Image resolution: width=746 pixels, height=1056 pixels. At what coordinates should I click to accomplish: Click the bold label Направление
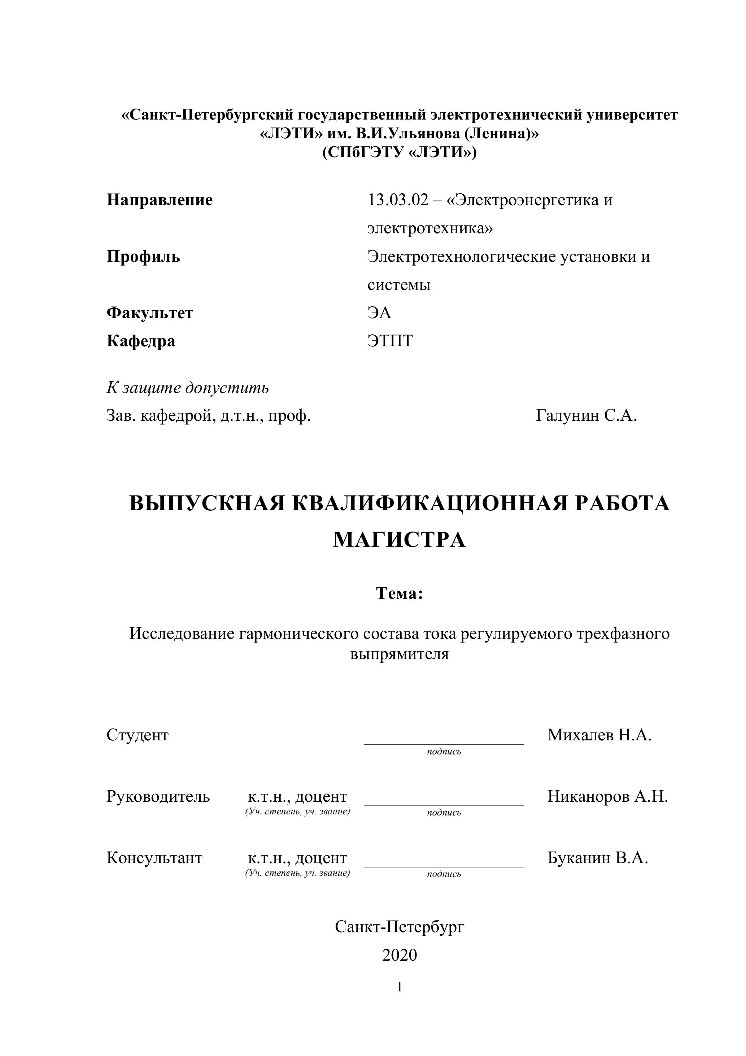point(160,200)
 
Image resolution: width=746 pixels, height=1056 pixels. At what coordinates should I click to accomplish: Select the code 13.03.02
point(398,200)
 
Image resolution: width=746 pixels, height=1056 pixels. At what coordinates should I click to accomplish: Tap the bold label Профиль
point(143,257)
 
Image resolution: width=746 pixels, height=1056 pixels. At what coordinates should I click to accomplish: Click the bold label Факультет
point(150,313)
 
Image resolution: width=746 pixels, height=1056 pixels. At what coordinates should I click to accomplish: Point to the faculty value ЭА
point(379,313)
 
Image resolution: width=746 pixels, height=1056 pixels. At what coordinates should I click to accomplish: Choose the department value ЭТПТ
point(390,341)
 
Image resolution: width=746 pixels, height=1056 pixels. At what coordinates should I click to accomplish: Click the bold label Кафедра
point(141,341)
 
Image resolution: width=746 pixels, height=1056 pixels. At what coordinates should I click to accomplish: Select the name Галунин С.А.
point(586,416)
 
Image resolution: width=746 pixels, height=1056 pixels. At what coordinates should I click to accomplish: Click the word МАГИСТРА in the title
point(399,540)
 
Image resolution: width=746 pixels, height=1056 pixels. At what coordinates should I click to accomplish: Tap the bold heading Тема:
point(399,593)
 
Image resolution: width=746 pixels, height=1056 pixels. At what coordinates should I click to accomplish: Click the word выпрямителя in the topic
point(399,654)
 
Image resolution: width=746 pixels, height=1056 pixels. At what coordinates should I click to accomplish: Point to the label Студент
point(138,735)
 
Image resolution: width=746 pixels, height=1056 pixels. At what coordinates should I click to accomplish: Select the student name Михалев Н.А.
point(599,735)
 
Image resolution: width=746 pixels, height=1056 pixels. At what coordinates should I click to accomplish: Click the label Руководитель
point(158,796)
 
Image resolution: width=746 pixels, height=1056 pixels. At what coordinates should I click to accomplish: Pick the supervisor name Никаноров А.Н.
point(607,796)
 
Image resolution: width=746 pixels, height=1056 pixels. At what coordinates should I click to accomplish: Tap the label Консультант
point(154,858)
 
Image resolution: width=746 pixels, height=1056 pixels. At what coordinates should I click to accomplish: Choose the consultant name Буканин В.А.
point(598,858)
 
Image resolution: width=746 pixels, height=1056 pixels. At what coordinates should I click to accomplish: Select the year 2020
point(399,955)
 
